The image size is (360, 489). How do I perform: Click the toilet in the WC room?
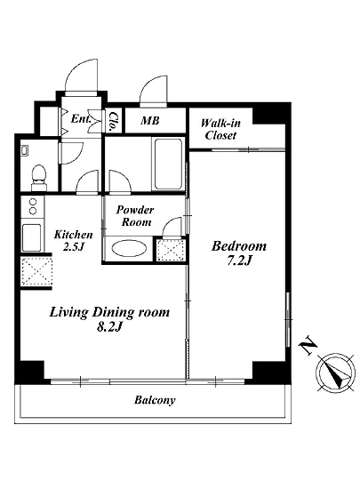coord(39,177)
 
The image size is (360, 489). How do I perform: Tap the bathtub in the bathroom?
coord(168,164)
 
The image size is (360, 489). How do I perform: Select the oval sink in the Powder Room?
coord(129,249)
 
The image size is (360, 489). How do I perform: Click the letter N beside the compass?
coord(308,345)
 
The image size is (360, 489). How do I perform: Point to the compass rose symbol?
coord(335,373)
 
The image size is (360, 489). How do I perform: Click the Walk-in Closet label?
coord(220,129)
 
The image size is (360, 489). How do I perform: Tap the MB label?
coord(150,120)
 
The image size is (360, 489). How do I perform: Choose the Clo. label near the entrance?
coord(113,121)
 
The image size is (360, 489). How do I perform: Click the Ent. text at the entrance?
coord(81,118)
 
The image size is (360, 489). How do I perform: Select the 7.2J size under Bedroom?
coord(239,261)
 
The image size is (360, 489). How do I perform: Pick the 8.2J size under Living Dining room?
coord(108,326)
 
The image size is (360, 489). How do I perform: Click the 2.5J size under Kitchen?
coord(74,246)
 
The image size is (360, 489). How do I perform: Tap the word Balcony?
coord(155,400)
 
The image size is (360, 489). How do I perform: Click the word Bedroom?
coord(239,246)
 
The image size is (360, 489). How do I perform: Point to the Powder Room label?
coord(135,216)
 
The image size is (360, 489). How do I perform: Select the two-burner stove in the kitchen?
coord(33,206)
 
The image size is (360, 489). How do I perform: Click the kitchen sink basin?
coord(31,237)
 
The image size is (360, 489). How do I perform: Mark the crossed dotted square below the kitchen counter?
coord(36,271)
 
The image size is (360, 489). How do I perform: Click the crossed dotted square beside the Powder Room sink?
coord(172,250)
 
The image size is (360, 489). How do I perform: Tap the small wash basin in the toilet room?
coord(24,150)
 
